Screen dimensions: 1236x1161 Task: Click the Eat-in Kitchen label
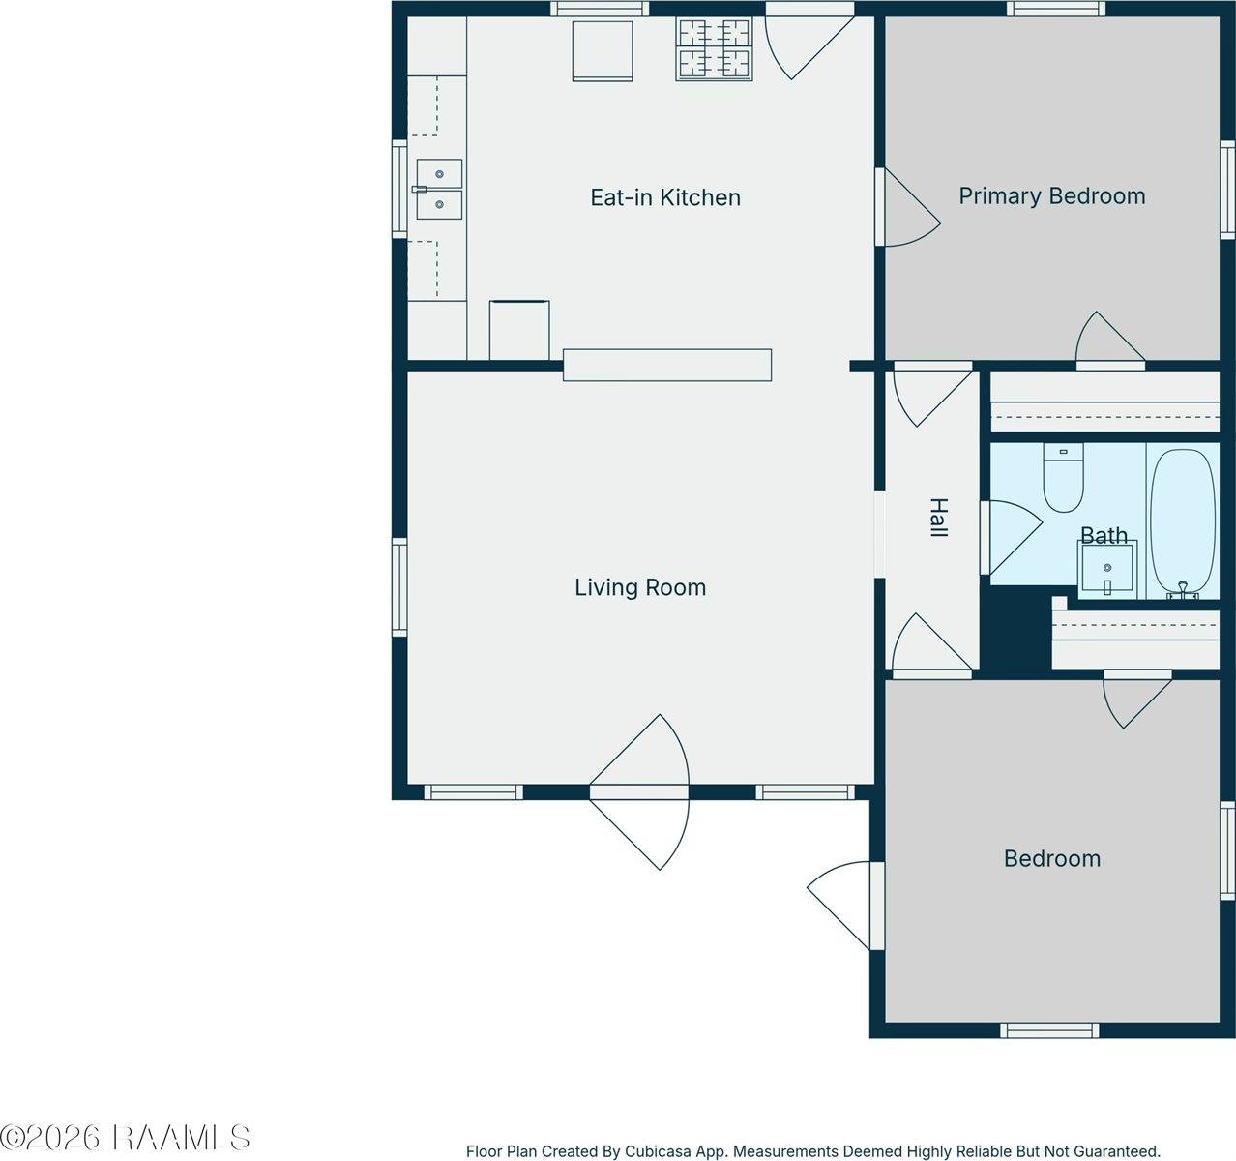(665, 197)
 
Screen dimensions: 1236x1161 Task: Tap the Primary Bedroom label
(1052, 195)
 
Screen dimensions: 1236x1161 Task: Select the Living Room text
(640, 587)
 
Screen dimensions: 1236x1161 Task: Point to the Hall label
(938, 518)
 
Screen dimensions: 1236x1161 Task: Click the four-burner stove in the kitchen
(714, 49)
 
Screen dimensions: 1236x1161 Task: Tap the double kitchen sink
(439, 189)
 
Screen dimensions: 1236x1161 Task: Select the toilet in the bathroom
(1063, 478)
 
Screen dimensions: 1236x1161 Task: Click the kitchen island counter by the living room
(667, 365)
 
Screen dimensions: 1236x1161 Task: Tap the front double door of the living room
(639, 792)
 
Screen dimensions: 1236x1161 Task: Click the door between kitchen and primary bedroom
(907, 207)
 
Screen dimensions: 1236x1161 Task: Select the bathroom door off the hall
(1012, 538)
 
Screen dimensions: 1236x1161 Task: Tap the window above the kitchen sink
(398, 189)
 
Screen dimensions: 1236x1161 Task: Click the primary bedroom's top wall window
(1056, 9)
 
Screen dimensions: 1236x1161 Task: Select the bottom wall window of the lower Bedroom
(1049, 1030)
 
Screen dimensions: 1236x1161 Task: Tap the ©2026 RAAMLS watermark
(125, 1138)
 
